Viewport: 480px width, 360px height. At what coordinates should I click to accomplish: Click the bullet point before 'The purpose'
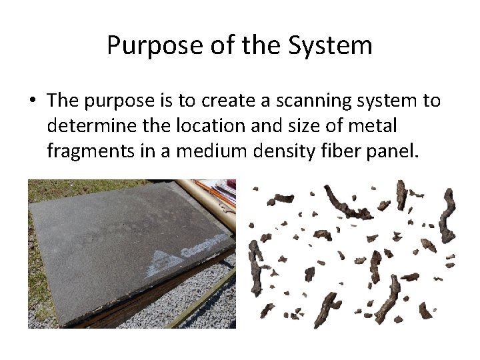click(32, 101)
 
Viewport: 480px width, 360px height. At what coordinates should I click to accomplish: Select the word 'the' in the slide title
click(265, 46)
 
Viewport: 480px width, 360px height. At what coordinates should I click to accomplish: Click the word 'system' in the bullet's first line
click(385, 101)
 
